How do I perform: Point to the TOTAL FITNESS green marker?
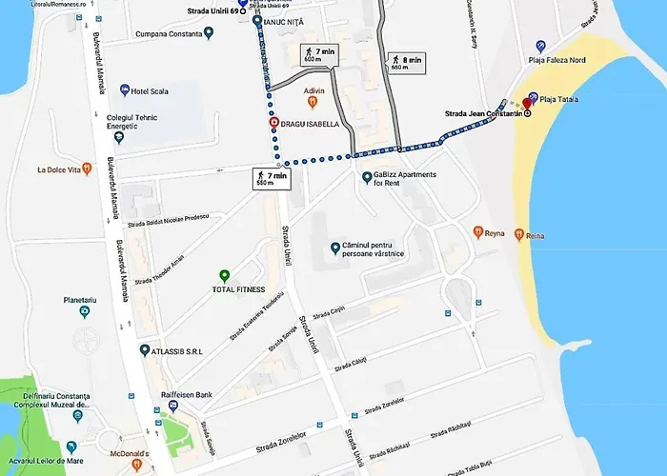[x=224, y=275]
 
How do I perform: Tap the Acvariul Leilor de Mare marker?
[x=71, y=446]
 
